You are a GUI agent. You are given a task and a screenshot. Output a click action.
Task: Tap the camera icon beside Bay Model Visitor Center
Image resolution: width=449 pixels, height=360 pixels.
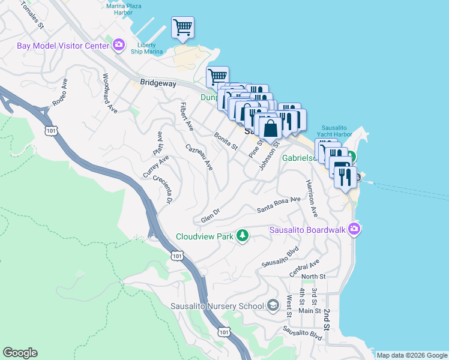tap(119, 45)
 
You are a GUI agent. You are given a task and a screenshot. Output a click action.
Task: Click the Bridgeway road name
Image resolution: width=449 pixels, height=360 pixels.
tap(158, 83)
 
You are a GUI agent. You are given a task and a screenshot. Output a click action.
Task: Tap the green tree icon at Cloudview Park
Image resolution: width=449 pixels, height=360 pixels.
tap(242, 236)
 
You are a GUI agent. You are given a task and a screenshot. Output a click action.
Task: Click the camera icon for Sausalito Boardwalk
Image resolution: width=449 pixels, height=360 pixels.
tap(355, 229)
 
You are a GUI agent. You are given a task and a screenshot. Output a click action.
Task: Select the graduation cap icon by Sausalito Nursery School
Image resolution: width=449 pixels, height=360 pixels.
tap(273, 305)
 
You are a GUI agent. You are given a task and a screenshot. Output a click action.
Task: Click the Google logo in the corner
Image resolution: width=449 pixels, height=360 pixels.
tap(20, 353)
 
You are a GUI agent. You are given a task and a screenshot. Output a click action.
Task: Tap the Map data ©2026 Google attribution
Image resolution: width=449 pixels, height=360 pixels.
tap(412, 355)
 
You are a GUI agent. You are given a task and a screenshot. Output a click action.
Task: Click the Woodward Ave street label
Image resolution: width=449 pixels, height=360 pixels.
tap(109, 93)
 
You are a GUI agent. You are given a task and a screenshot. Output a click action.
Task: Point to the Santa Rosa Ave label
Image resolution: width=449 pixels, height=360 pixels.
tap(279, 205)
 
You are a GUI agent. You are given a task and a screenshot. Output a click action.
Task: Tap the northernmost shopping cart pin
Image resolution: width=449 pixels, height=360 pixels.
tap(182, 27)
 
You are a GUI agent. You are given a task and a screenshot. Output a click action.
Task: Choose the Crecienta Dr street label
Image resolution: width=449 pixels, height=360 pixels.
tap(162, 189)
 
